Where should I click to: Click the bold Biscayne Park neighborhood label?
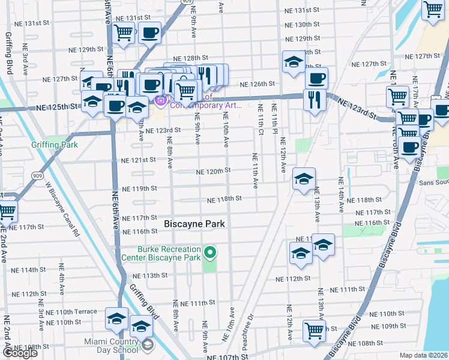194,224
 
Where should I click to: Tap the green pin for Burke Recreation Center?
209,253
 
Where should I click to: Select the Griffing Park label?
52,145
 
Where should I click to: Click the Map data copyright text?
423,355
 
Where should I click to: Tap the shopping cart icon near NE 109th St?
314,331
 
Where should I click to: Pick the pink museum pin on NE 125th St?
160,101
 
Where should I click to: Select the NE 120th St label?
214,171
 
